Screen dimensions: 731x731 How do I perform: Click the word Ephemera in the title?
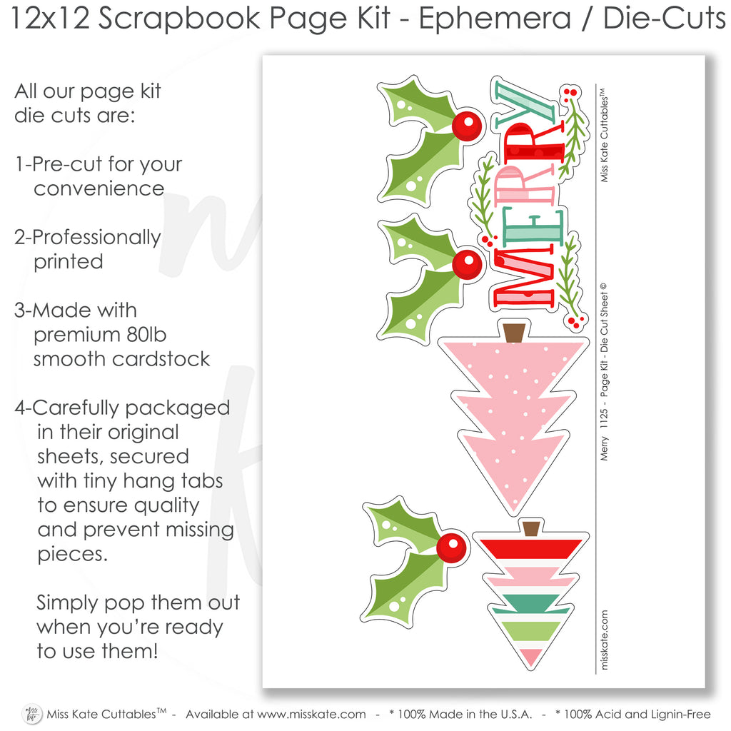[x=494, y=19]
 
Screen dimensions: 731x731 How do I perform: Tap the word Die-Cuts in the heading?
[x=665, y=19]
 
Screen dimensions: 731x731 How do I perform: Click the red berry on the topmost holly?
[x=467, y=126]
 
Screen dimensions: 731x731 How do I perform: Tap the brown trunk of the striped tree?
[x=531, y=529]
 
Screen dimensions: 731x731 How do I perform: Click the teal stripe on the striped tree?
[x=531, y=603]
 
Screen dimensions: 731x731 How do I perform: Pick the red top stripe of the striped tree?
[x=531, y=548]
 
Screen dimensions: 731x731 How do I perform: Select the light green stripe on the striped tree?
[x=531, y=631]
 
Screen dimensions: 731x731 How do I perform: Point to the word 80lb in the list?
[x=146, y=335]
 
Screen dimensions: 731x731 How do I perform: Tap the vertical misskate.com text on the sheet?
[x=604, y=640]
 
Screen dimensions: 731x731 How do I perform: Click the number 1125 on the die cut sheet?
[x=604, y=418]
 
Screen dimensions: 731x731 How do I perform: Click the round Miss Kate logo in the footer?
[x=32, y=714]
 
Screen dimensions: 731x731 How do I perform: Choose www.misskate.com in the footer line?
[x=311, y=714]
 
